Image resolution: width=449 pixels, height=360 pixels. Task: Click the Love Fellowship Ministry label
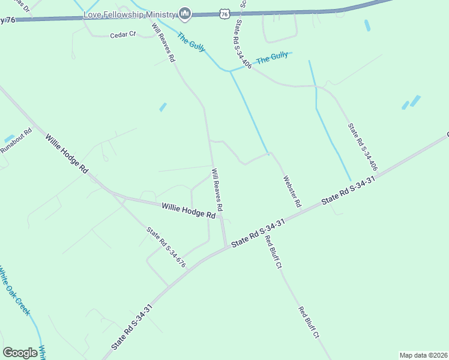point(133,14)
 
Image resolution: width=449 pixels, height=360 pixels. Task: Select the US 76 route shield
point(224,13)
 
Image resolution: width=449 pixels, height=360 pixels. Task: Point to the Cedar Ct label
point(124,35)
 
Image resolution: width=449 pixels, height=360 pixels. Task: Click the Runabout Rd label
point(16,141)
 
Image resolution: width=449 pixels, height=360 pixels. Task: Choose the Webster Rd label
point(292,191)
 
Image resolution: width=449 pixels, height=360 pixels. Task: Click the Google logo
point(20,353)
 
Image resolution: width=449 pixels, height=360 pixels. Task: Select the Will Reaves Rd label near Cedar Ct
point(163,43)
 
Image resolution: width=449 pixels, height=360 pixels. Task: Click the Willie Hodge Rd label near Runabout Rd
point(66,154)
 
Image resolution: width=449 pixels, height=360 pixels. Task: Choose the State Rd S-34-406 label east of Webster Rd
point(363,147)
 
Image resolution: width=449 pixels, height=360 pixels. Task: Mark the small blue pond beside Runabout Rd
point(9,139)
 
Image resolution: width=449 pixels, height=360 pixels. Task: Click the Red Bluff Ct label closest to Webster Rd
point(273,251)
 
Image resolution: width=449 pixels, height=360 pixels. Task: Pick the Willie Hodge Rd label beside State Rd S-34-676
point(188,211)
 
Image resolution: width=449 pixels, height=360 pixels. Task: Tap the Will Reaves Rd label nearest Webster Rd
point(217,190)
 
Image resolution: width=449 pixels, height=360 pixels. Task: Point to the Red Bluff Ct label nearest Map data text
point(309,323)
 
